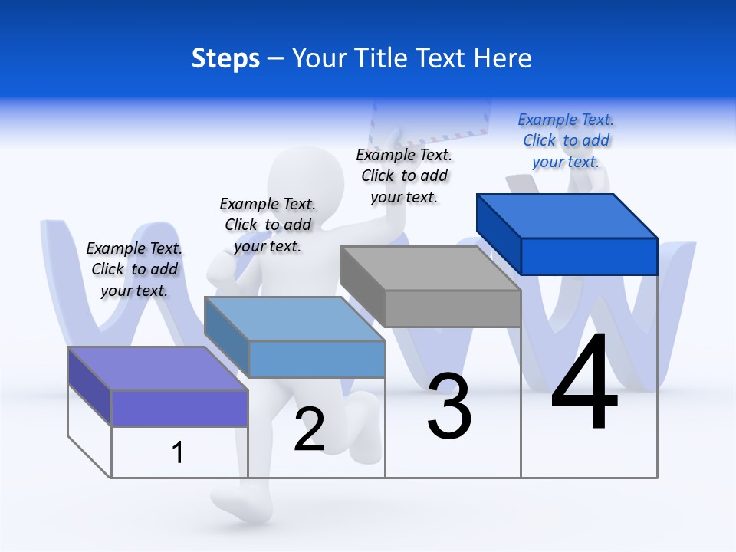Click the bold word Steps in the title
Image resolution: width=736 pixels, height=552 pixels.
225,58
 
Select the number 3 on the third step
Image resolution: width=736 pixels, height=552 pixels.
449,406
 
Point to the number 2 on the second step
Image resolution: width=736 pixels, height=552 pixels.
309,429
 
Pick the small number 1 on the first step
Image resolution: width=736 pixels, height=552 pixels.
178,452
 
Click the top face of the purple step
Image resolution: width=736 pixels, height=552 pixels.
157,368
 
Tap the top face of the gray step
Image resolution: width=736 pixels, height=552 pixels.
429,268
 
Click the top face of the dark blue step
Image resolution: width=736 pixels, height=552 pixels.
567,215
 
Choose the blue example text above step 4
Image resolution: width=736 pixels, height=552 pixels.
566,140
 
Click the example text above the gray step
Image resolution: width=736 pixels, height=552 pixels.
404,176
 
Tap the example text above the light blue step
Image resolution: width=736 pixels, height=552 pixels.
268,225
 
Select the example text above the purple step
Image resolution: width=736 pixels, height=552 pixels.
134,269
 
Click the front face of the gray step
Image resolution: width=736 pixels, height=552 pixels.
452,308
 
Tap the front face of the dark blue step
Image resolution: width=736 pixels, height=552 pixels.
589,256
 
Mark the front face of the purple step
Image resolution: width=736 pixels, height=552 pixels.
179,408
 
